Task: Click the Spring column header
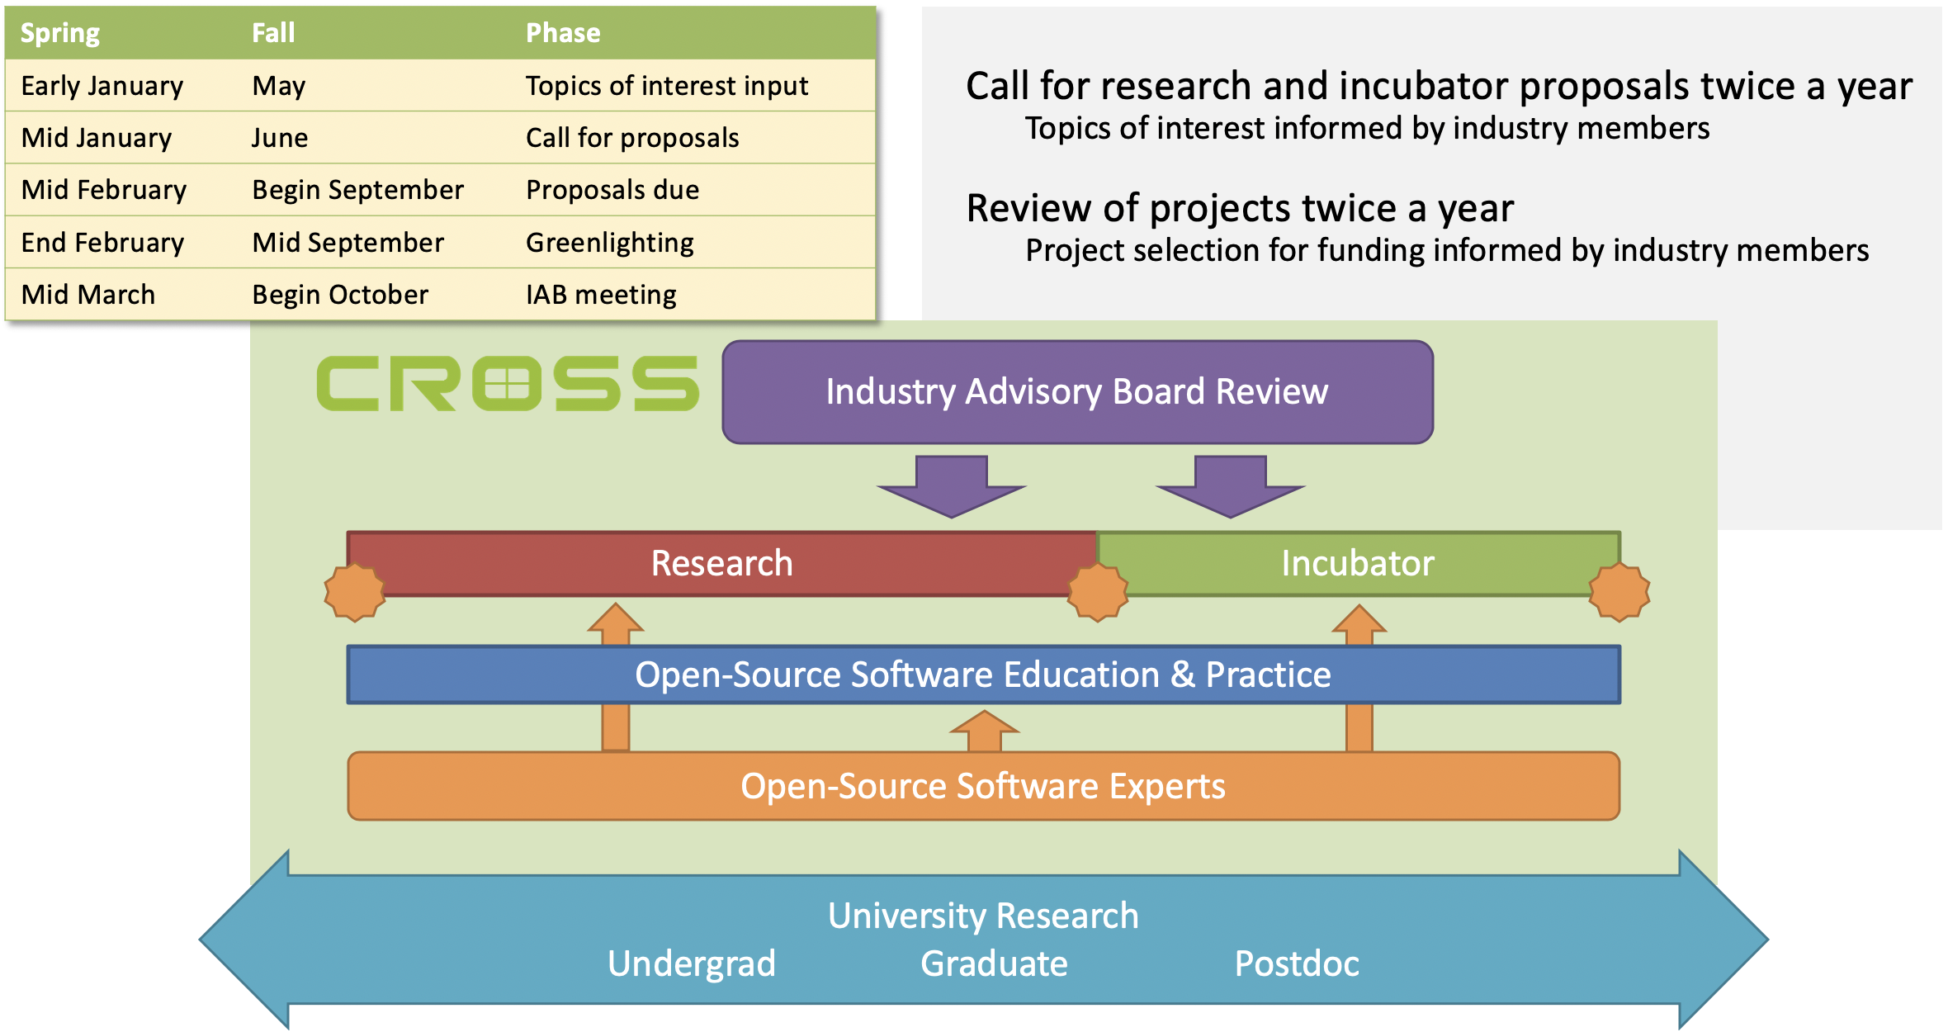click(x=60, y=33)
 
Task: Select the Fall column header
click(x=273, y=33)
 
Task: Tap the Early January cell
click(x=102, y=86)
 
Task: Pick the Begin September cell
click(x=358, y=190)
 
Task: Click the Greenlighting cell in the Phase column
click(x=610, y=243)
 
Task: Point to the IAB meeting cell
click(x=602, y=295)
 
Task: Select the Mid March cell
click(x=88, y=295)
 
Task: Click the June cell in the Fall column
click(x=280, y=138)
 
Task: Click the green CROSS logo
click(x=508, y=383)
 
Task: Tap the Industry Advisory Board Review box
click(x=1077, y=392)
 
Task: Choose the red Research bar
click(x=722, y=563)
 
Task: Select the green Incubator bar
click(x=1359, y=563)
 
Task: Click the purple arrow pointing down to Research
click(x=952, y=486)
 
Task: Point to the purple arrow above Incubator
click(x=1231, y=486)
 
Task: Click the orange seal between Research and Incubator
click(x=1098, y=592)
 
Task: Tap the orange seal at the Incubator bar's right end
click(x=1619, y=592)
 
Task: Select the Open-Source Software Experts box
click(x=983, y=786)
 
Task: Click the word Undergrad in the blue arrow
click(x=692, y=963)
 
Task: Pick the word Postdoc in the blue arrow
click(x=1297, y=963)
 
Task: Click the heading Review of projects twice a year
click(x=1240, y=208)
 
